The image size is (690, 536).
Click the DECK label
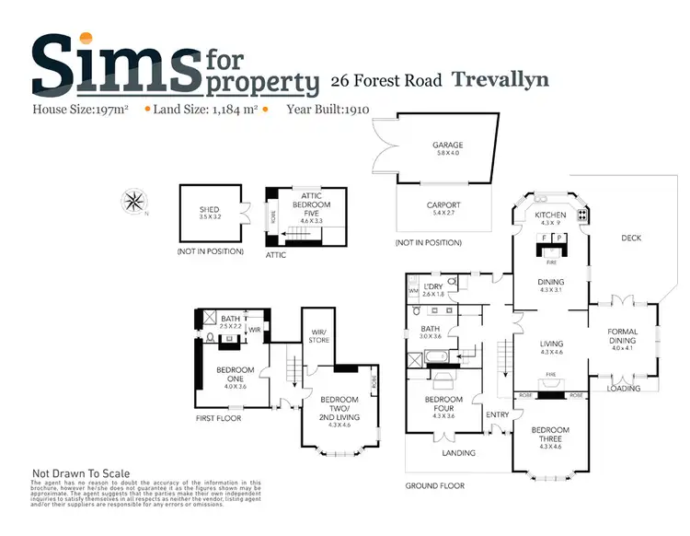(631, 238)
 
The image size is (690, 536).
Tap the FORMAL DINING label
(623, 336)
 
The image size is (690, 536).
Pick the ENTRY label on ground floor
(497, 414)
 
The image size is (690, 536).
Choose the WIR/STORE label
(319, 336)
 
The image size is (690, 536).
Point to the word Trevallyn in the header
(500, 79)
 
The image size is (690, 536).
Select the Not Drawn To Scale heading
(81, 473)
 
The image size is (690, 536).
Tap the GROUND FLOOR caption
(436, 485)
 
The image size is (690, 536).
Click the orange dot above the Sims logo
(86, 39)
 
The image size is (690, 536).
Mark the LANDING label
(459, 452)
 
